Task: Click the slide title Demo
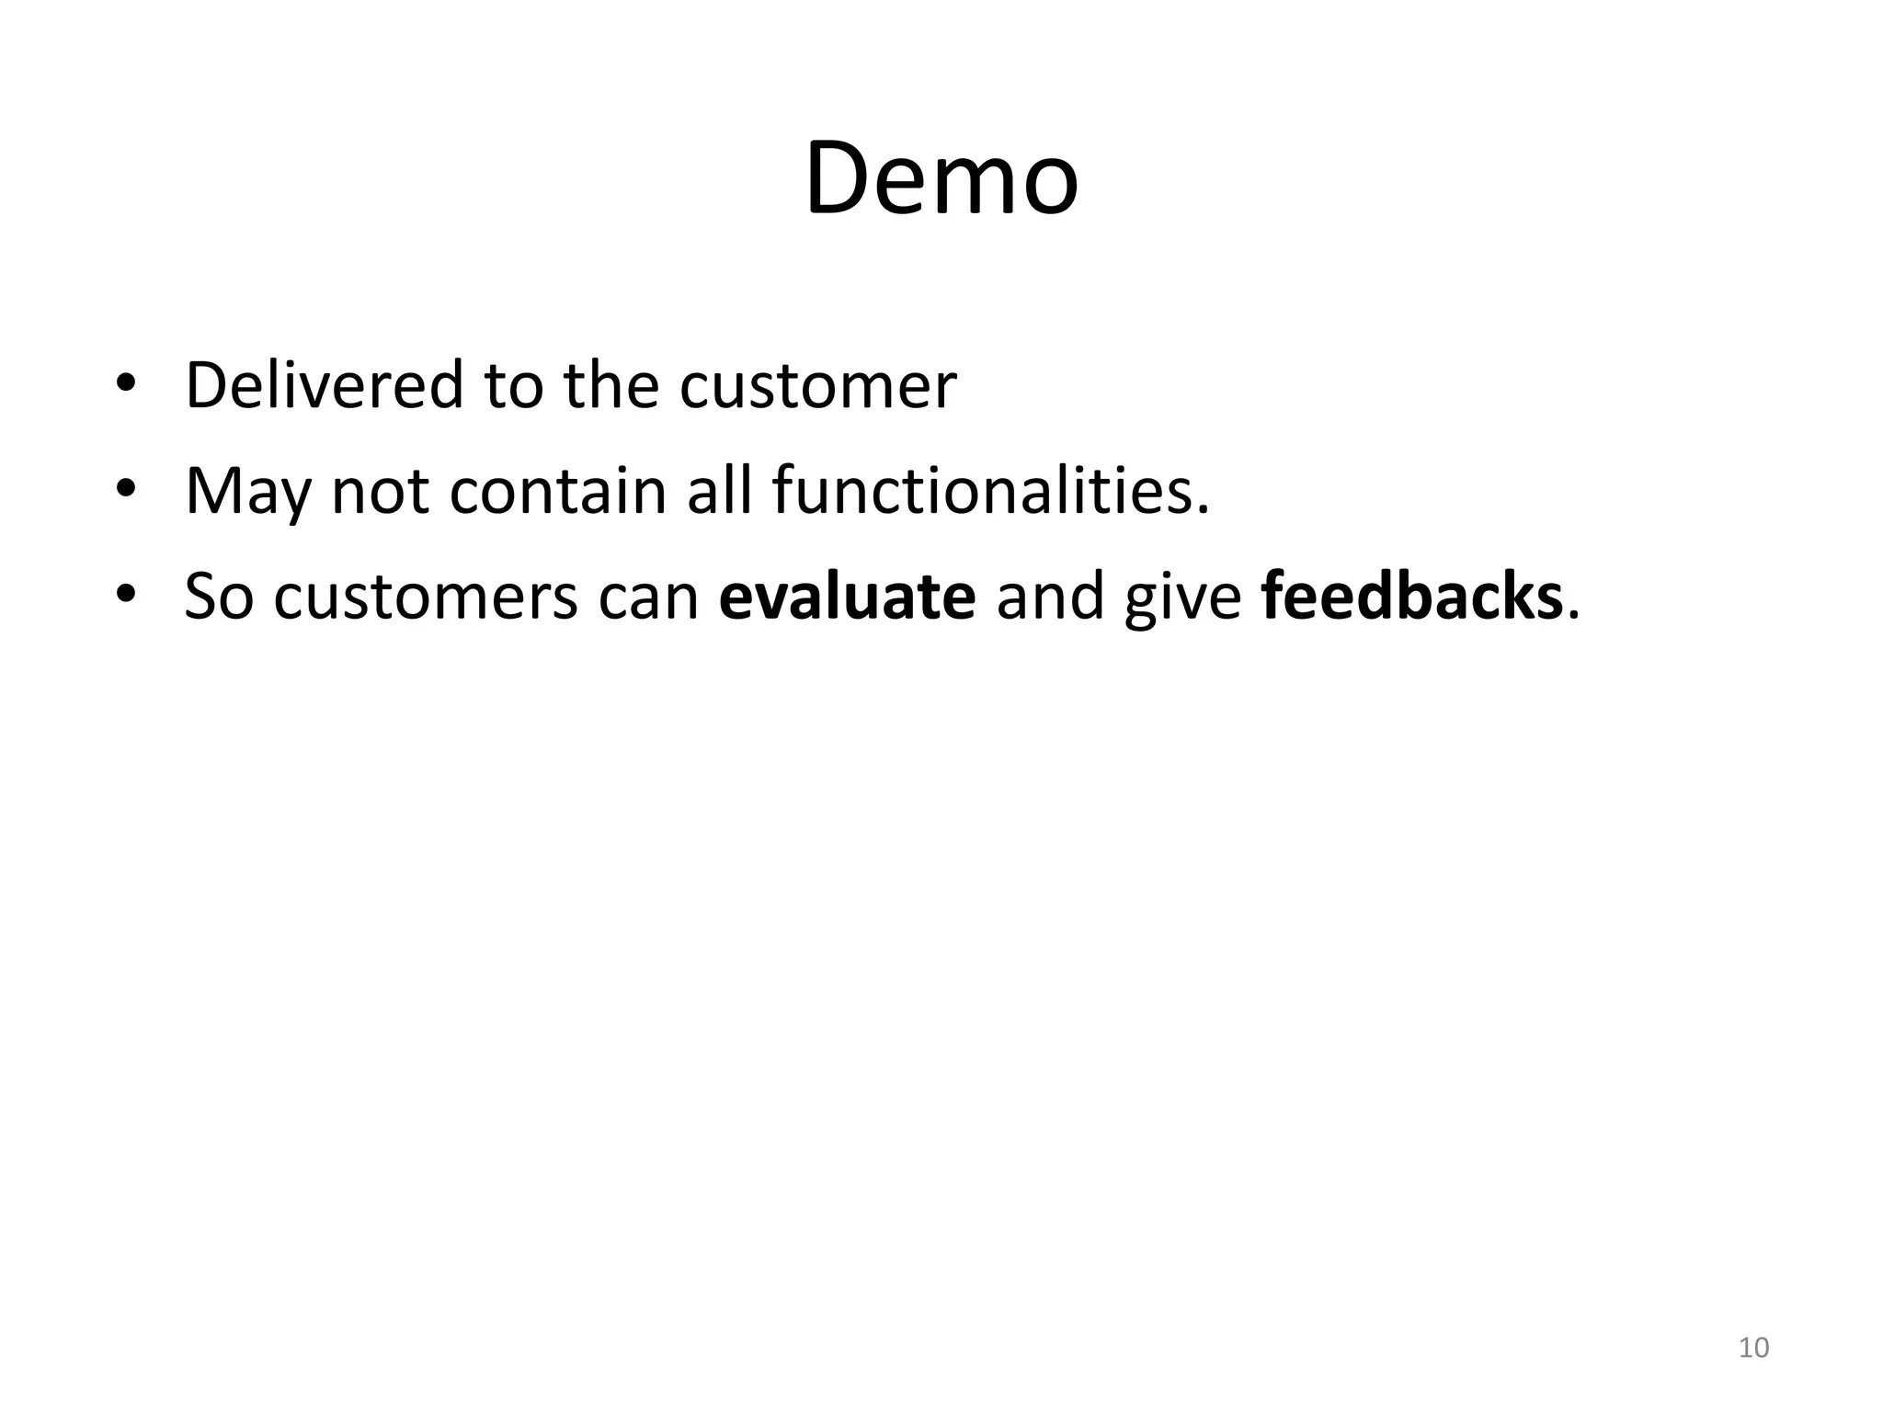click(x=941, y=179)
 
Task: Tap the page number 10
click(x=1753, y=1348)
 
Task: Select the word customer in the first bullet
click(x=817, y=386)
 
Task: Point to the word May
click(x=247, y=492)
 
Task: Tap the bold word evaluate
click(x=847, y=597)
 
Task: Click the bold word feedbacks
click(x=1411, y=597)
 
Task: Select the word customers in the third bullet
click(x=426, y=598)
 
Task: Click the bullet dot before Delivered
click(x=126, y=385)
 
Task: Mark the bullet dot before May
click(x=126, y=491)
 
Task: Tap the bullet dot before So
click(x=126, y=597)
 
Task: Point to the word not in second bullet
click(x=380, y=491)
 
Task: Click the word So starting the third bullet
click(x=219, y=597)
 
